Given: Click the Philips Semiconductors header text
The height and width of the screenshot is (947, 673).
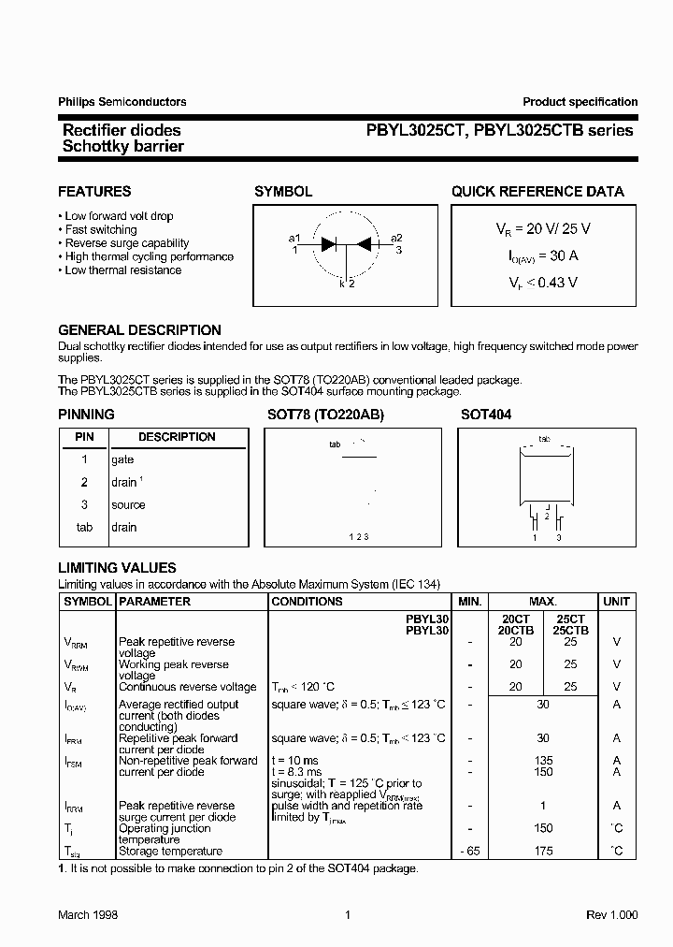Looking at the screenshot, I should coord(122,102).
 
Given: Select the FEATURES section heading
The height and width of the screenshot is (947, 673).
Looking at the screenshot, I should coord(94,192).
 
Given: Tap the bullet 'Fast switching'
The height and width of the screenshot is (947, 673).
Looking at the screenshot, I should coord(100,229).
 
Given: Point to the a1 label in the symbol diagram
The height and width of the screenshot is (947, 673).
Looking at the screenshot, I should coord(294,239).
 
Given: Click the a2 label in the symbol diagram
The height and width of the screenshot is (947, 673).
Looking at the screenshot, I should coord(396,239).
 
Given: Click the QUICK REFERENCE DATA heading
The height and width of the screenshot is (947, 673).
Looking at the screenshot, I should coord(537,192).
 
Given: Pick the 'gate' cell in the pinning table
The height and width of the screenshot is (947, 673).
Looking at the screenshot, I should coord(122,459).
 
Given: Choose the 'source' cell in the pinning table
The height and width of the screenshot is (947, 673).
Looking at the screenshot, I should coord(128,504).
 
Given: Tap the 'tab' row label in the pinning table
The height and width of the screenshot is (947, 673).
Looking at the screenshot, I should coord(84,527).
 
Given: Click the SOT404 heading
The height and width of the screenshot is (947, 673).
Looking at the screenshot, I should coord(486,415).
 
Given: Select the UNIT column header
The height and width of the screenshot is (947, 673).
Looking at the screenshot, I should coord(616,602).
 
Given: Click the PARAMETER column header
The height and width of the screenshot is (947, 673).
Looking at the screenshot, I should coord(154,602).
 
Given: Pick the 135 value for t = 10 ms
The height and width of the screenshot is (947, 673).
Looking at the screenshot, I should coord(543,761).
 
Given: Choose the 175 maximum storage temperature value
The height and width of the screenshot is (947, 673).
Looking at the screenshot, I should coord(543,851).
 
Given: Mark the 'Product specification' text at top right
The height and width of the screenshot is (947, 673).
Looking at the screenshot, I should coord(580,102).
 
